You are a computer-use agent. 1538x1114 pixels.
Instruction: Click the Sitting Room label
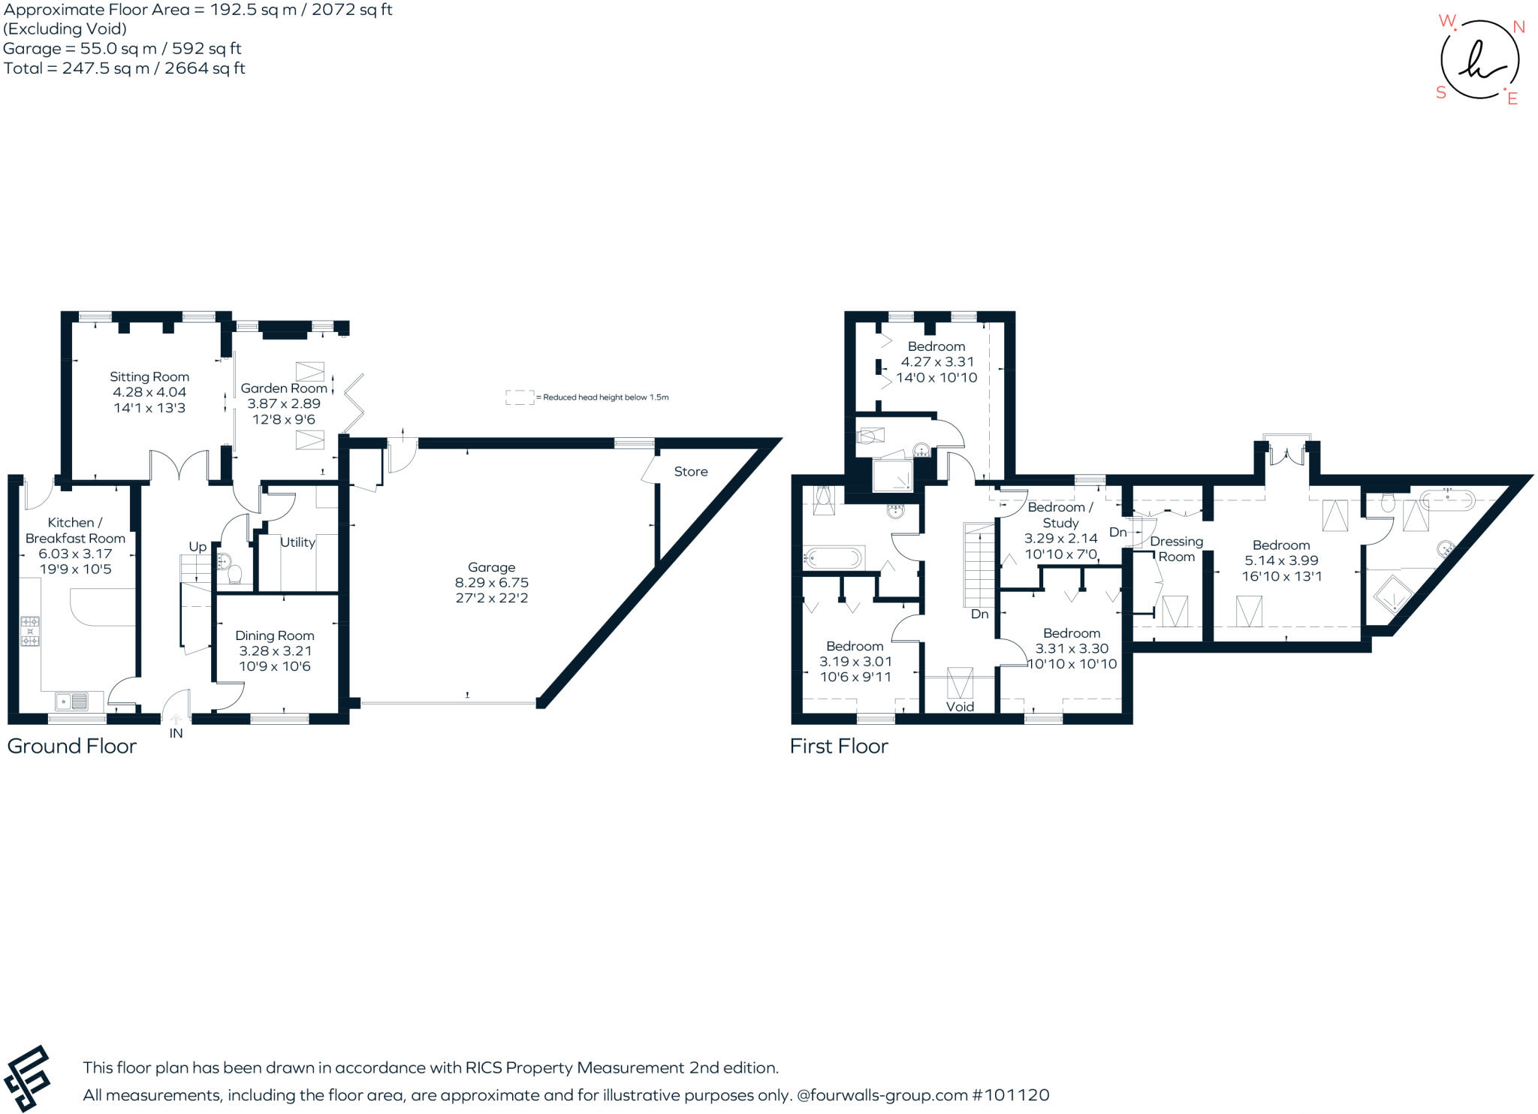(x=149, y=377)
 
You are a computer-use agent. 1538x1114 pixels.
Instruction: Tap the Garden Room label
(x=284, y=388)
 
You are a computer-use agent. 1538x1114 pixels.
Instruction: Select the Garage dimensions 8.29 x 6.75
(x=492, y=583)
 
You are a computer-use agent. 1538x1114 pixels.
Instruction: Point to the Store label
(x=691, y=472)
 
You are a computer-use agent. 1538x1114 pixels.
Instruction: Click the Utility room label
(x=297, y=542)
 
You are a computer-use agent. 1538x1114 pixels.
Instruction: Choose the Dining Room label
(x=275, y=635)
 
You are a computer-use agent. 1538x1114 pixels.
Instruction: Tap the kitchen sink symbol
(x=71, y=702)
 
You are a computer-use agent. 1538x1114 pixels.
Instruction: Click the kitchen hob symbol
(x=30, y=631)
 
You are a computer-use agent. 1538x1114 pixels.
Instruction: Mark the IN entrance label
(x=176, y=734)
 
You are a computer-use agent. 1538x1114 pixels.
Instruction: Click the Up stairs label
(x=198, y=547)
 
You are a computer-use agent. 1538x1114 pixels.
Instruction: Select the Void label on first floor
(x=960, y=707)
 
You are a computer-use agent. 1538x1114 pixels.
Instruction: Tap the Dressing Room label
(x=1177, y=549)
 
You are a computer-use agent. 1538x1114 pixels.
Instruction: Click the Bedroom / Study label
(x=1060, y=515)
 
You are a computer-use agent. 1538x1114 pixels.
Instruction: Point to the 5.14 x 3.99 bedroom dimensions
(x=1281, y=560)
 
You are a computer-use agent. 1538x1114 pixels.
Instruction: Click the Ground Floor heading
(x=72, y=746)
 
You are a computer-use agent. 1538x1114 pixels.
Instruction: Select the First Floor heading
(x=839, y=746)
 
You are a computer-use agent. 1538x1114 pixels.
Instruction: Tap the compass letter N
(x=1518, y=28)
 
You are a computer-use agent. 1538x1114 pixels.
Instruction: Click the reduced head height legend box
(x=519, y=397)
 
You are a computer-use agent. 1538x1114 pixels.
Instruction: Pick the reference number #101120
(x=1011, y=1095)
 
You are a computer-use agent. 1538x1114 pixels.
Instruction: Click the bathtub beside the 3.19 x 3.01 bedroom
(x=834, y=558)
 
